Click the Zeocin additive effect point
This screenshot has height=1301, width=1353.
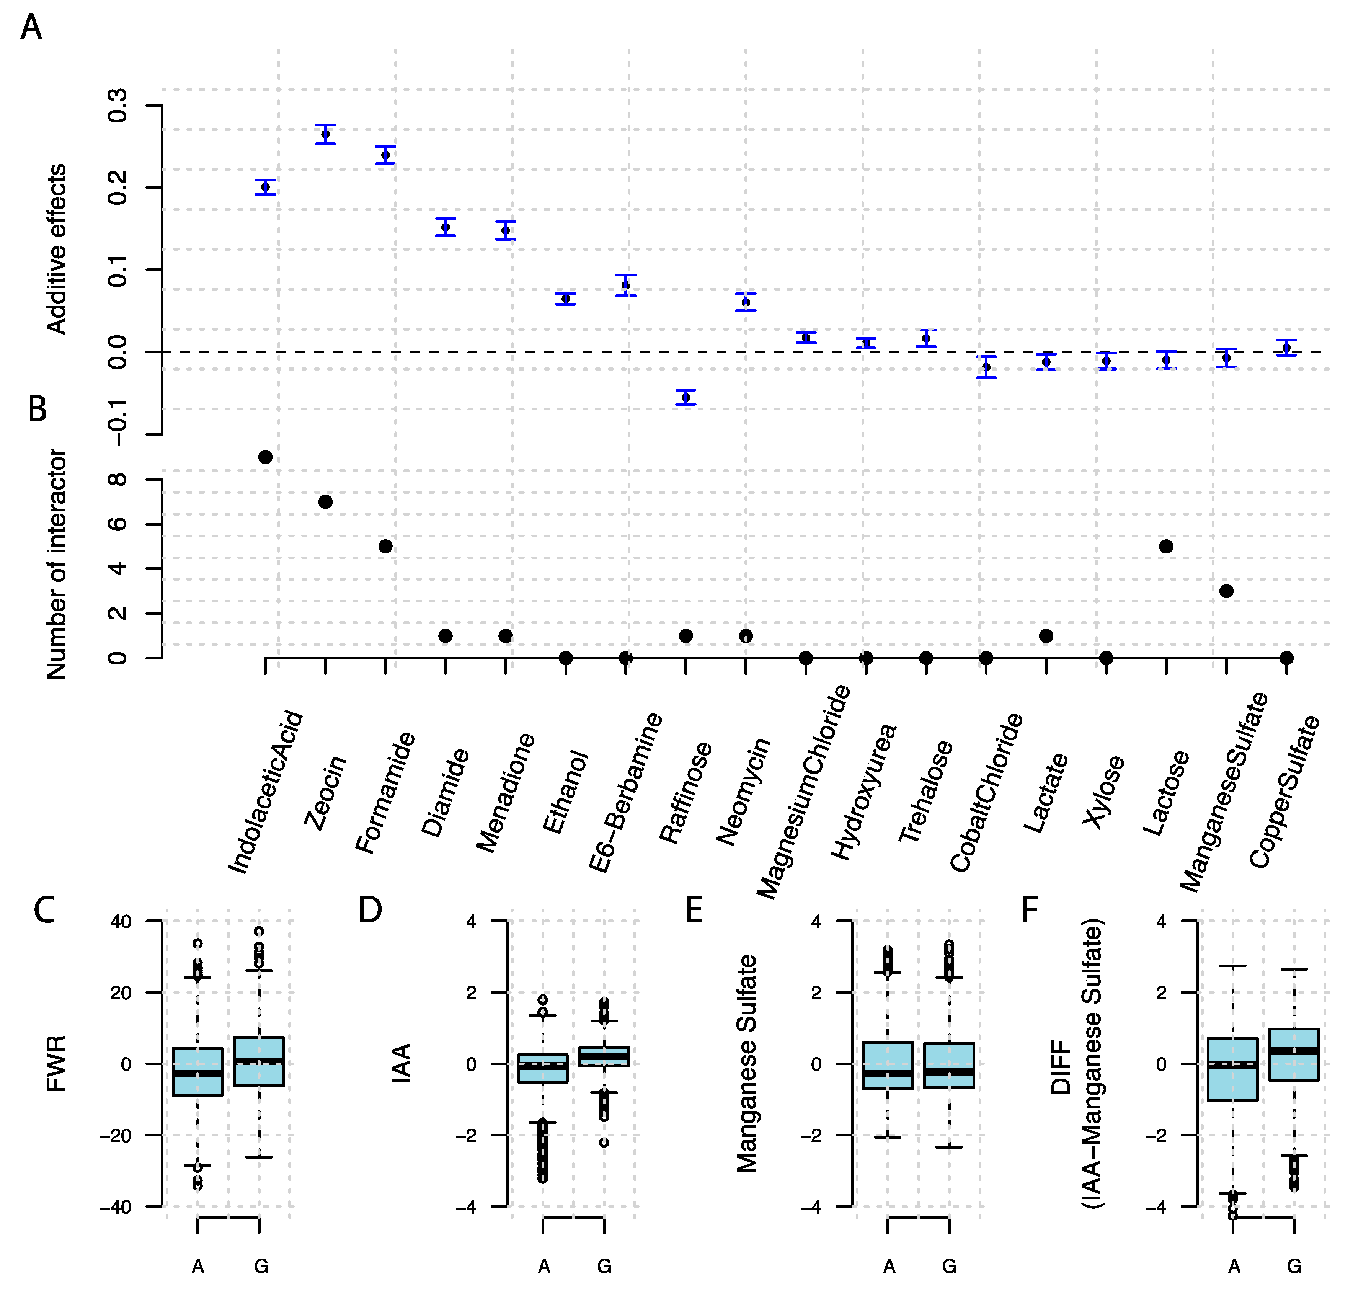point(325,135)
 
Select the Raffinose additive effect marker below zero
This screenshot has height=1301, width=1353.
point(685,398)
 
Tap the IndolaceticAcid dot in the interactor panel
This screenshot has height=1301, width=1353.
point(265,458)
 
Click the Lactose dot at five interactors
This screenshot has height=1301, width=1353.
point(1166,547)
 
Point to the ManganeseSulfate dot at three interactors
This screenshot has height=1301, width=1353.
point(1226,591)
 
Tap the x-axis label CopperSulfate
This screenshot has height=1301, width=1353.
point(1284,792)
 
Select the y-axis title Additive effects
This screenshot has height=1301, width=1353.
point(57,249)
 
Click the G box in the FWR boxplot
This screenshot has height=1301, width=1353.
point(259,1061)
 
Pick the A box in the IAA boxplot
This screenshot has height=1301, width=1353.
point(543,1068)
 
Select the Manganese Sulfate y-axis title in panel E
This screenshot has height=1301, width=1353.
point(747,1064)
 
